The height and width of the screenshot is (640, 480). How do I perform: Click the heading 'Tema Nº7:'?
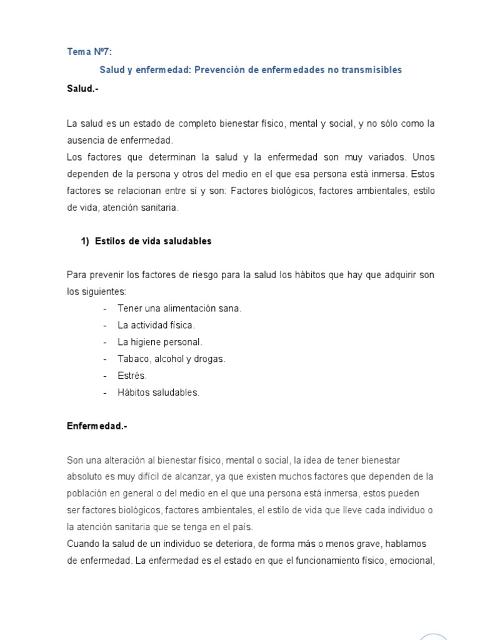tap(89, 52)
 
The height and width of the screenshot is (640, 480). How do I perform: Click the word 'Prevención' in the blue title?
tap(219, 70)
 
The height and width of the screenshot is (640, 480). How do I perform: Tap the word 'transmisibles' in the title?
tap(372, 70)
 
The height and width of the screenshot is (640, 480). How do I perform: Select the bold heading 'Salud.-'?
tap(83, 89)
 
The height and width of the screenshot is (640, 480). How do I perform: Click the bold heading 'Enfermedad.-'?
tap(97, 426)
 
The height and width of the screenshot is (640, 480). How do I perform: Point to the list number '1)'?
tap(86, 241)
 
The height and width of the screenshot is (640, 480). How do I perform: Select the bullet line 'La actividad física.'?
tap(156, 325)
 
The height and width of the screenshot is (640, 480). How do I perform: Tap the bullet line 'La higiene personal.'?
tap(160, 342)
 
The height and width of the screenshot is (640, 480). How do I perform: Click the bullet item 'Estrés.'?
tap(132, 376)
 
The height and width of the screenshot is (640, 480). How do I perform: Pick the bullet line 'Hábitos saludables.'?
tap(159, 392)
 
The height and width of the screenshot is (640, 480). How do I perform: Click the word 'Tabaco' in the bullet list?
tap(130, 359)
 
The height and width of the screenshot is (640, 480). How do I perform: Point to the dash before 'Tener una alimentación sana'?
tap(104, 308)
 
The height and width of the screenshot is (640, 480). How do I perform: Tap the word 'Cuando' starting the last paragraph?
tap(82, 544)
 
